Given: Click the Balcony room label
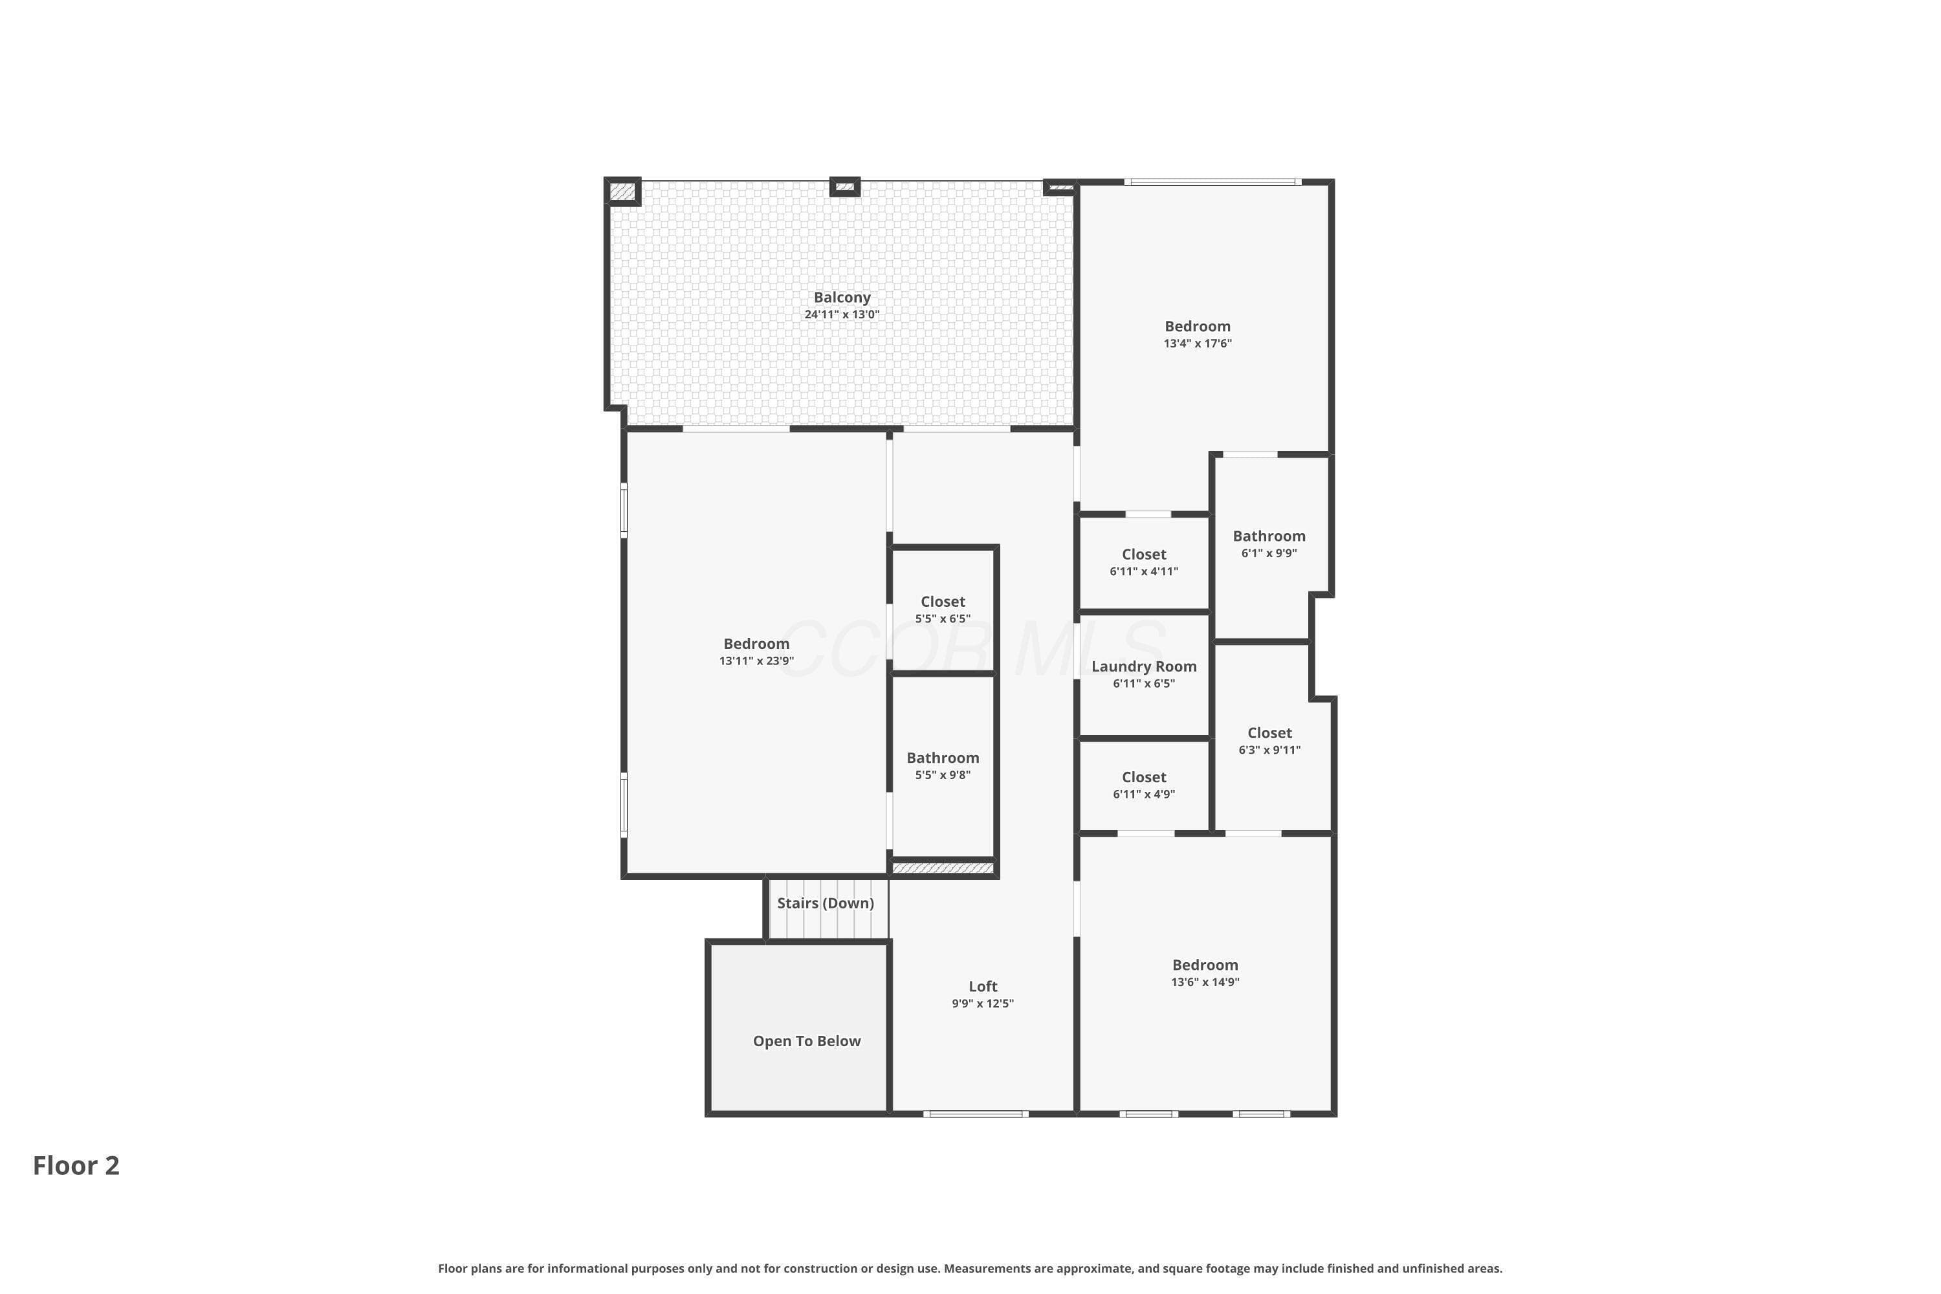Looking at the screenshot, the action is click(842, 297).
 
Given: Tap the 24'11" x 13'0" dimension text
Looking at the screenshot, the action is click(842, 314).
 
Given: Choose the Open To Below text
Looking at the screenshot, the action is click(807, 1042).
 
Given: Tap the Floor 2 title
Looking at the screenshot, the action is click(76, 1165).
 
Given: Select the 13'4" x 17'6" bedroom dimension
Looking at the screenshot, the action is click(1198, 344).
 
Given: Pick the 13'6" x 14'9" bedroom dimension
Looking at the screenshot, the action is click(1205, 982).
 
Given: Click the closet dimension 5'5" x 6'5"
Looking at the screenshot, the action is click(943, 619).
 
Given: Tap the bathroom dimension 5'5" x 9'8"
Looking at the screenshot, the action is click(943, 775).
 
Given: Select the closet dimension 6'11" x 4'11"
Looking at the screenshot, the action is click(1144, 571).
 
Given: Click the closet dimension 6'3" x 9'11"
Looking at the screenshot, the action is click(1269, 750).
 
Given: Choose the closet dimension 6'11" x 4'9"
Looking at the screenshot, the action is click(1144, 794).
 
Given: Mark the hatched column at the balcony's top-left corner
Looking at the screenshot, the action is click(622, 192).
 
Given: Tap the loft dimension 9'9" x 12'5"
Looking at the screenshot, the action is click(982, 1003).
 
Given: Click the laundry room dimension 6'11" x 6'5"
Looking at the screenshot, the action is click(1144, 683).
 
